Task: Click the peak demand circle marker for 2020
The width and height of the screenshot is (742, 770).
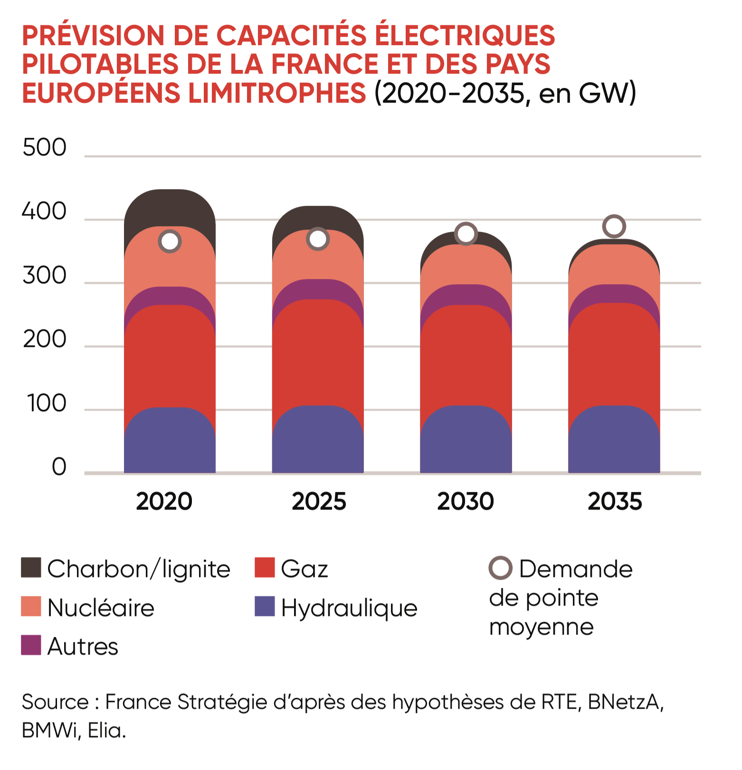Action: tap(170, 241)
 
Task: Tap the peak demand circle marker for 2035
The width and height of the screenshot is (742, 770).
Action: tap(614, 226)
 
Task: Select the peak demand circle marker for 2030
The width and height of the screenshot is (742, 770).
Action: tap(466, 234)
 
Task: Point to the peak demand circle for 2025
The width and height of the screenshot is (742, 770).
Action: tap(318, 239)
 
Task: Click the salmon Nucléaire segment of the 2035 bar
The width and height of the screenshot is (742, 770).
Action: tap(614, 264)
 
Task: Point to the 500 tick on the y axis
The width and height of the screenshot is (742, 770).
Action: tap(44, 148)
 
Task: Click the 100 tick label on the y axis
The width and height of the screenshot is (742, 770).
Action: tap(47, 404)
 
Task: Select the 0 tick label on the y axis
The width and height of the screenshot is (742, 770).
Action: tap(59, 467)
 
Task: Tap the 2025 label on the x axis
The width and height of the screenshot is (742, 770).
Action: tap(319, 501)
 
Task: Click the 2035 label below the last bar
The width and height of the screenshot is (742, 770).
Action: tap(615, 501)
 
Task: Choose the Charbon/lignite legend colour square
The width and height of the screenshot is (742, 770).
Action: tap(31, 568)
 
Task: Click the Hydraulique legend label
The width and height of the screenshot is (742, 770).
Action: tap(349, 608)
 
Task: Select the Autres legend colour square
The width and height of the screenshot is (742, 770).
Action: tap(31, 645)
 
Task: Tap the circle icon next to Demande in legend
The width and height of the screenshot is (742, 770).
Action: tap(500, 568)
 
